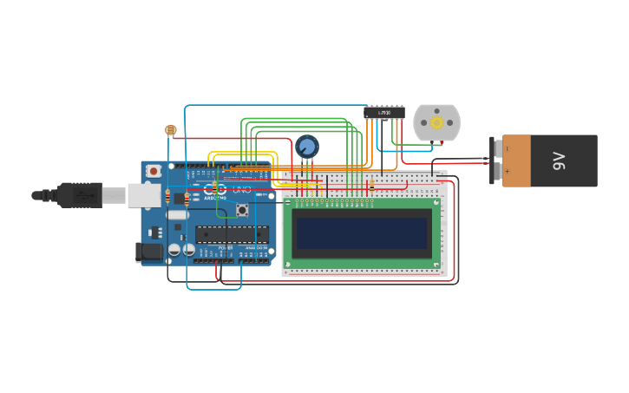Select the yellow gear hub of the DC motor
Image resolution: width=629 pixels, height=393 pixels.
tap(436, 123)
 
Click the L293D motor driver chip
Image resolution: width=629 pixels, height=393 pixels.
tap(383, 112)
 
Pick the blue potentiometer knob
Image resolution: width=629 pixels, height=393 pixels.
tap(306, 146)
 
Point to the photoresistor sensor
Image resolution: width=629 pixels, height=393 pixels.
tap(170, 130)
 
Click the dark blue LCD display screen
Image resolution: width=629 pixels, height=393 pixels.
tap(361, 233)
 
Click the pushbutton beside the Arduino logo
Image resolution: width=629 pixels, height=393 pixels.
tap(241, 209)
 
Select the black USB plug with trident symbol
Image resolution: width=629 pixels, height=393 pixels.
tap(80, 195)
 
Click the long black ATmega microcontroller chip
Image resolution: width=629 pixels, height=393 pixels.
tap(232, 233)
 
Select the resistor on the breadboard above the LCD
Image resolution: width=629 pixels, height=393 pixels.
tap(372, 186)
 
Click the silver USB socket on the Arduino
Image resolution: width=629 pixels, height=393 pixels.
tap(144, 195)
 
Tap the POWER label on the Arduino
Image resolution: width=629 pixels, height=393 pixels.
tap(226, 248)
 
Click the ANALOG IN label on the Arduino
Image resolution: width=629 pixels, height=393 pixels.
tap(257, 248)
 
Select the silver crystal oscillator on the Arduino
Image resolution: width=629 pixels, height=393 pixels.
tap(177, 215)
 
